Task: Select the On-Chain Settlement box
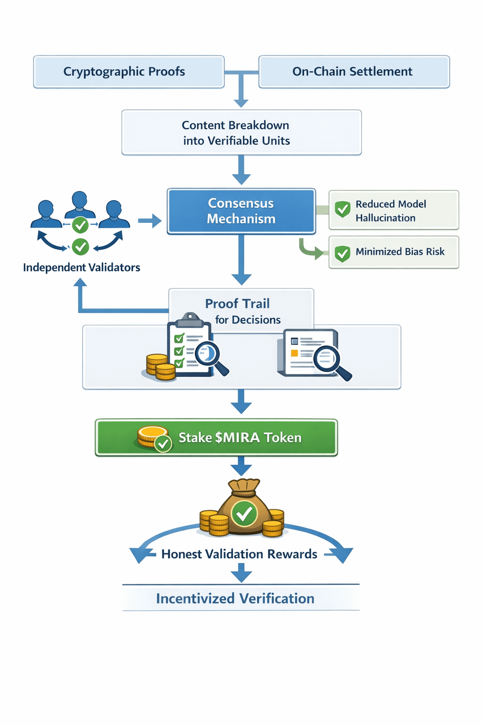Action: pos(354,72)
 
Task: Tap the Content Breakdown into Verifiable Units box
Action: pos(241,133)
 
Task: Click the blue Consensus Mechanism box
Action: pos(241,211)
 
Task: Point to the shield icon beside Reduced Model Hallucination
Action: pos(342,209)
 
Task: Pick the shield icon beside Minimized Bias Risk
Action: pos(342,253)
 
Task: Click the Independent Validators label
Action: pos(82,268)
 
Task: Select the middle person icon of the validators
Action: pos(80,204)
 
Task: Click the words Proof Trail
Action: pos(237,303)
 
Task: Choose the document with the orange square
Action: pos(309,353)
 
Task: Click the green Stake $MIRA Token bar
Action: pos(217,438)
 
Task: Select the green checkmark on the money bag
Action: pos(244,514)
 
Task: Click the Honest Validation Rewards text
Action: pos(239,554)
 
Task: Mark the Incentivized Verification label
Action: pos(235,599)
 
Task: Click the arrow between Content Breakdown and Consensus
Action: pos(241,170)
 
